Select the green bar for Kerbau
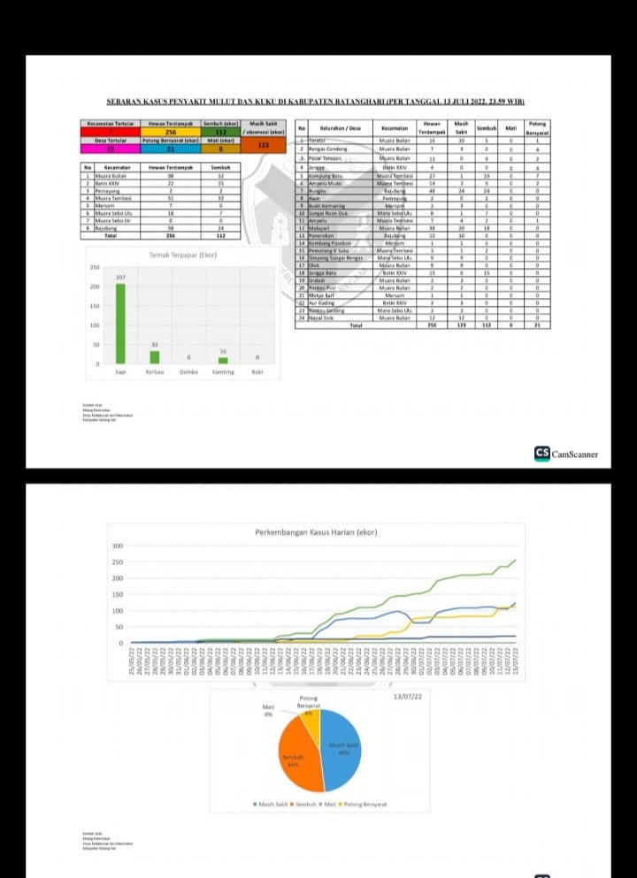click(x=154, y=357)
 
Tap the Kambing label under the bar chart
click(x=223, y=372)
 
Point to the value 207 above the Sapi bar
click(x=121, y=279)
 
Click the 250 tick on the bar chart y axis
click(x=94, y=267)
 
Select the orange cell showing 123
click(x=263, y=145)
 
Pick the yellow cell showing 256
click(x=171, y=133)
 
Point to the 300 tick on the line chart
click(x=117, y=546)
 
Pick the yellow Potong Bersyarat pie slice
click(x=311, y=717)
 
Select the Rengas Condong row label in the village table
click(x=325, y=149)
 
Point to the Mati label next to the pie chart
click(x=267, y=707)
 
